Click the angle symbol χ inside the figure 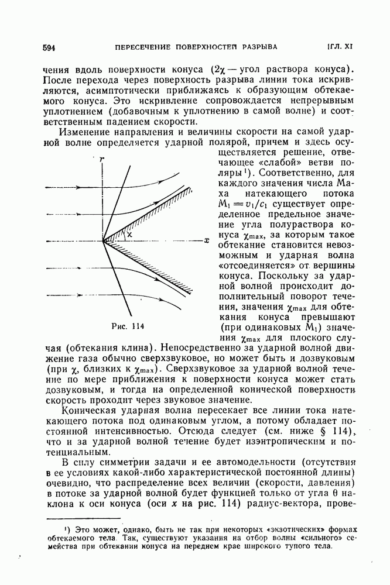130,233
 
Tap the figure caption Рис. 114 127,325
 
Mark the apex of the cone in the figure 103,240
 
